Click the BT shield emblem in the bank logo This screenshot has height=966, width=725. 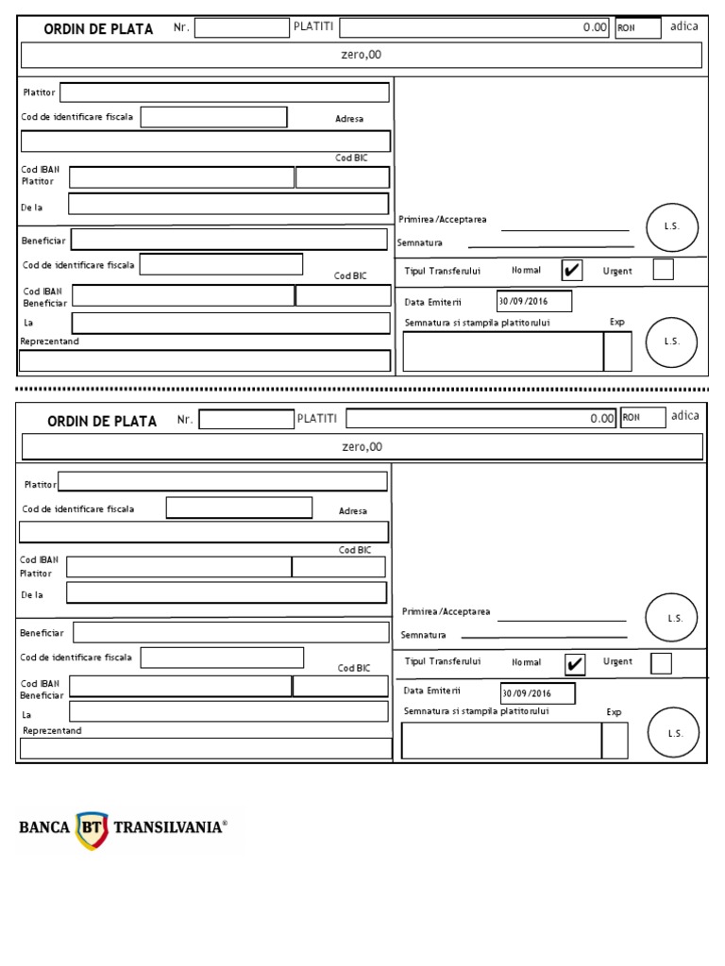coord(92,828)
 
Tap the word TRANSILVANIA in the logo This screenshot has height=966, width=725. coord(169,828)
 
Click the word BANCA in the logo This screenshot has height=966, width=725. coord(44,828)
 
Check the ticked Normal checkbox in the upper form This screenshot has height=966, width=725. coord(572,271)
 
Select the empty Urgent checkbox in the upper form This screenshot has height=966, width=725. coord(664,270)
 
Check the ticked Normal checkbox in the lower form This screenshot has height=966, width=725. coord(574,664)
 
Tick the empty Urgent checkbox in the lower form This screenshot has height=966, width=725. coord(662,663)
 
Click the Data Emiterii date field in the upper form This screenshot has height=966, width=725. coord(534,302)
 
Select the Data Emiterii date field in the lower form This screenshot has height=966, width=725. coord(538,694)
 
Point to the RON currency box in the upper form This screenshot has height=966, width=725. coord(638,28)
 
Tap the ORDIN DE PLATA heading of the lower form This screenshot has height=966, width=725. coord(102,422)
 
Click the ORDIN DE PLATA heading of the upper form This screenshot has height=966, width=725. coord(98,29)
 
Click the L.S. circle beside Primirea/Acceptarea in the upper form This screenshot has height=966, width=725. coord(672,227)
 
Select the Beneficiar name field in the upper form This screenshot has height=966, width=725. coord(228,240)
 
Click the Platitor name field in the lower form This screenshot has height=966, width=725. coord(223,482)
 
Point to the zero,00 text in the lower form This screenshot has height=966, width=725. coord(362,447)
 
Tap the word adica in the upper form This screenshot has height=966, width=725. coord(684,26)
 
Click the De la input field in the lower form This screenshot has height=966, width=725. coord(227,592)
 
